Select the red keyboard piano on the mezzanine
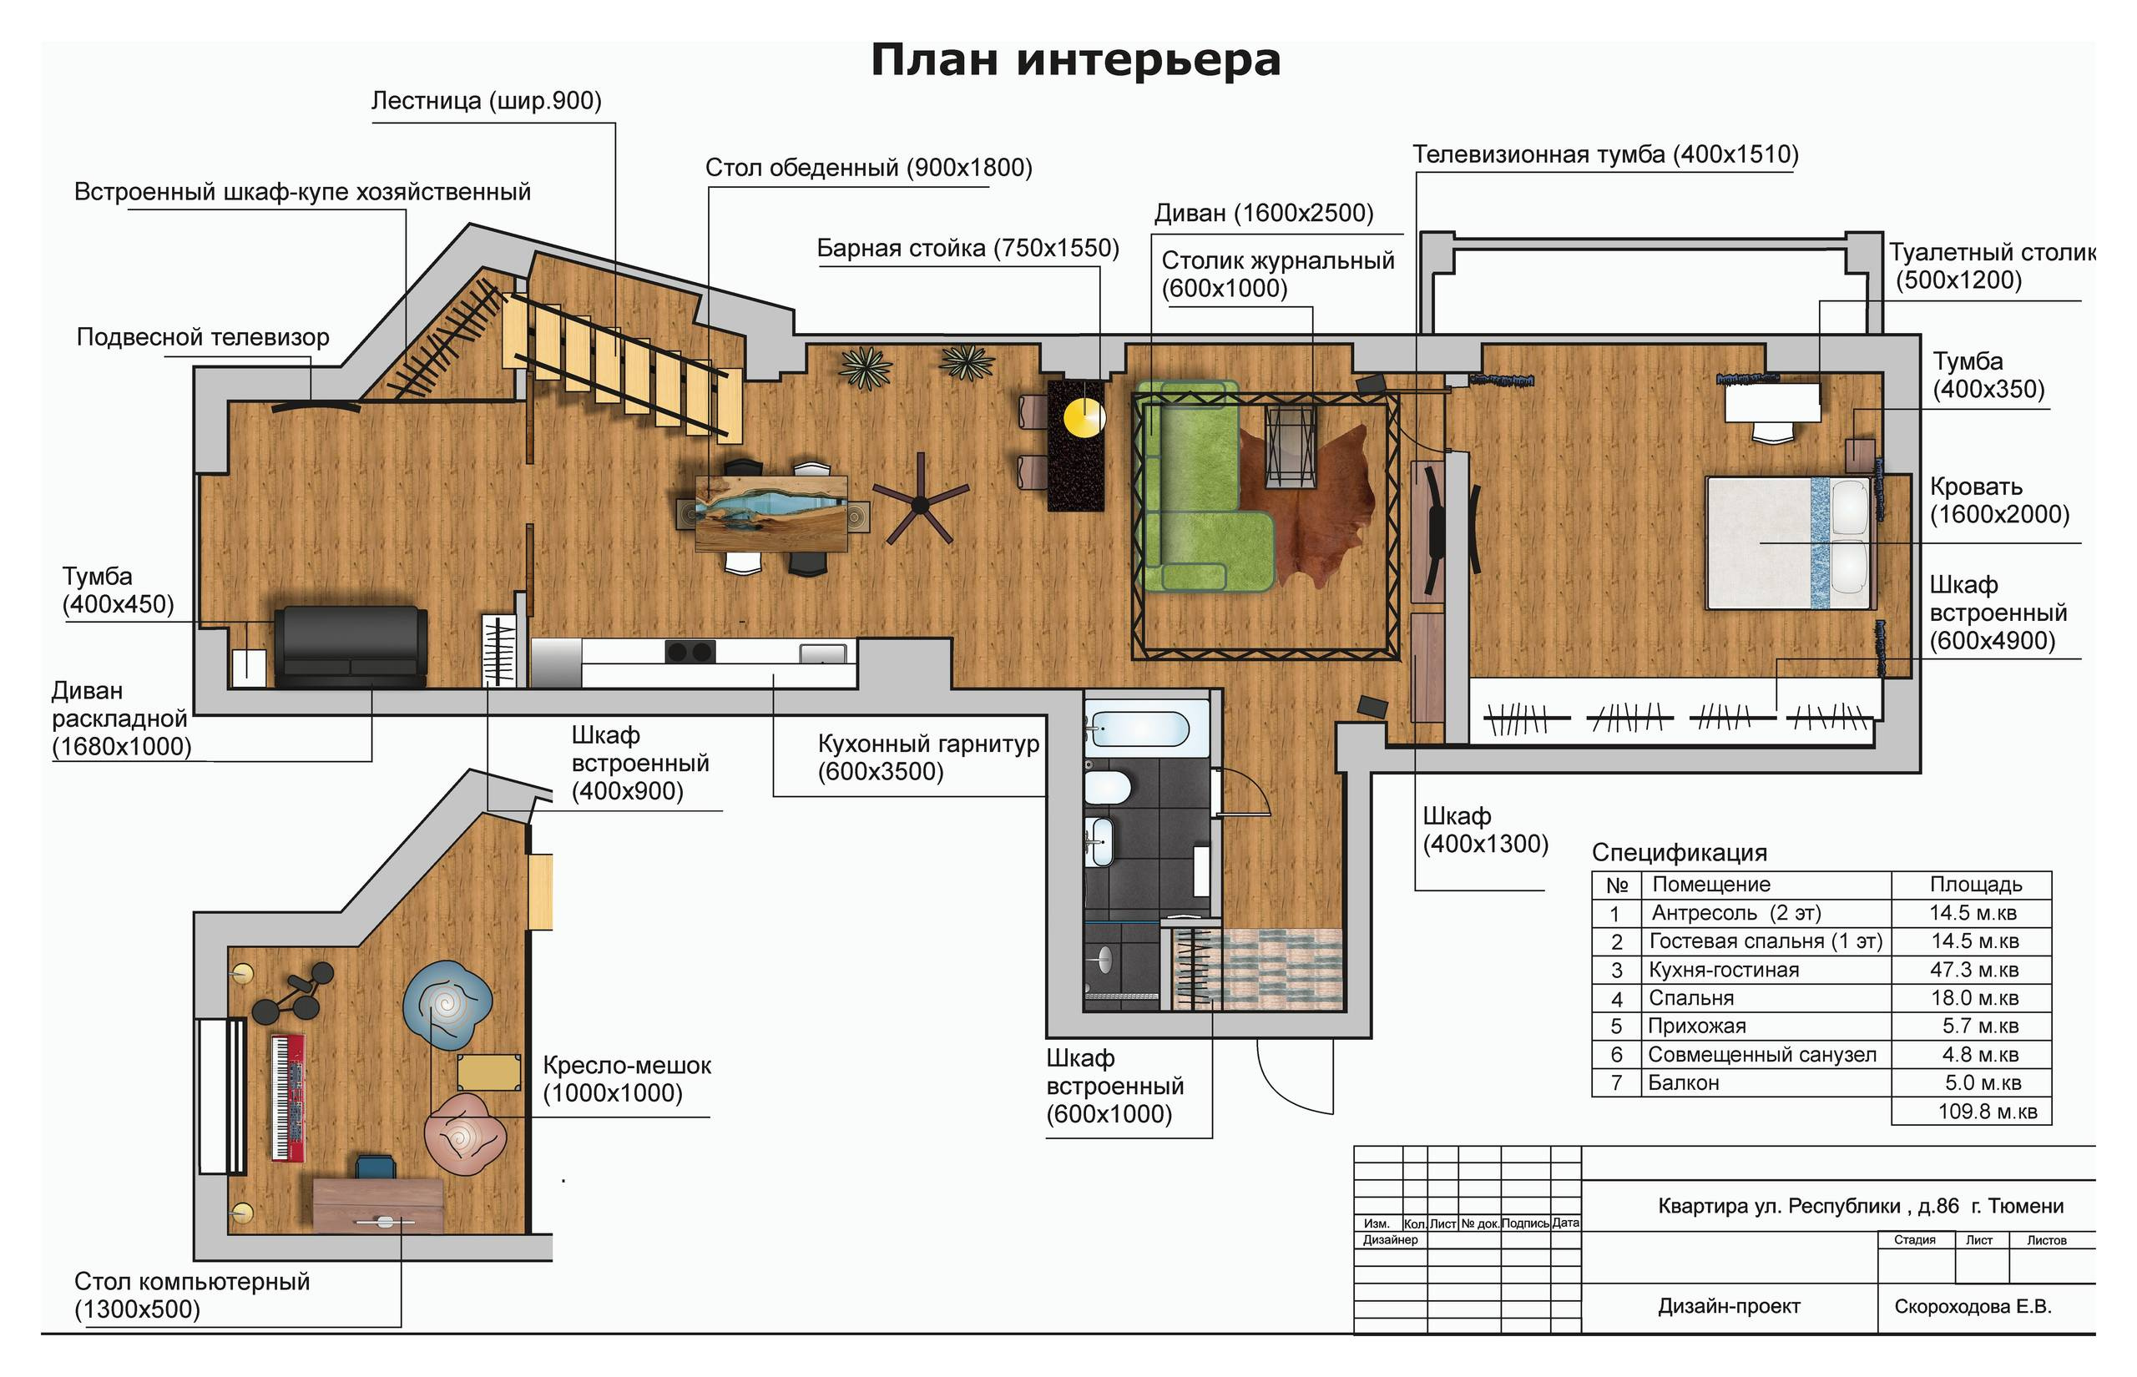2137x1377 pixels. (x=288, y=1098)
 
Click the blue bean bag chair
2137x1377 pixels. (x=446, y=1004)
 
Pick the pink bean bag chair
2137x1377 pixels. (x=465, y=1134)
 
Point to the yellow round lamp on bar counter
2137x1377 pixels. (x=1084, y=416)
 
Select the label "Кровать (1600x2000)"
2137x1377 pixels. (x=1999, y=501)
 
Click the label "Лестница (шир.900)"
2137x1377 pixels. (x=487, y=101)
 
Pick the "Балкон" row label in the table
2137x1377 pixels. (x=1684, y=1083)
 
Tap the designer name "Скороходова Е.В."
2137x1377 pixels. (x=1973, y=1306)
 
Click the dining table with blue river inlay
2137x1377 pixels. (x=771, y=512)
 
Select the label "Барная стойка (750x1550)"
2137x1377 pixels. (x=967, y=249)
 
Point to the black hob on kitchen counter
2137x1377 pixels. (x=690, y=651)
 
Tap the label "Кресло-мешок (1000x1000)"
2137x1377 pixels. (x=626, y=1079)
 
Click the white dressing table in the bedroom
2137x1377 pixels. (x=1772, y=402)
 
